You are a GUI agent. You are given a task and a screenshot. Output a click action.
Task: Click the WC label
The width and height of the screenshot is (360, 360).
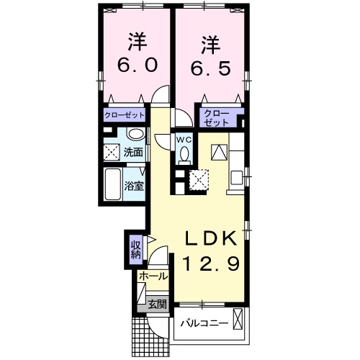coord(183,139)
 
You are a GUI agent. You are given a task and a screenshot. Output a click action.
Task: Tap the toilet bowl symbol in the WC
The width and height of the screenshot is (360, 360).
coord(184,154)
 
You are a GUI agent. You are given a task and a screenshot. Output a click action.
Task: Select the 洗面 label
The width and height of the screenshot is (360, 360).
coord(132,153)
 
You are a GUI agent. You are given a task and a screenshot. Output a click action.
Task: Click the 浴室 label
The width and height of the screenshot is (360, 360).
coord(133,185)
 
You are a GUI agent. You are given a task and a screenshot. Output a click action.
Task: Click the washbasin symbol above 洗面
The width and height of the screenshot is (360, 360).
coord(134,135)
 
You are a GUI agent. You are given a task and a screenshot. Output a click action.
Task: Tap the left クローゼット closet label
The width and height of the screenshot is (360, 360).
coord(125,114)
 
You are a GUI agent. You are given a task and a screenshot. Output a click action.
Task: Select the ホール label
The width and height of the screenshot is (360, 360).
coord(153,276)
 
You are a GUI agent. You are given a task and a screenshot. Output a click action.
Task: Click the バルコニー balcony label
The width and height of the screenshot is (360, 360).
coord(204,323)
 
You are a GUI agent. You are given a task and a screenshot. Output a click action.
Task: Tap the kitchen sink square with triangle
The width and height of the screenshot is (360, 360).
coord(219,153)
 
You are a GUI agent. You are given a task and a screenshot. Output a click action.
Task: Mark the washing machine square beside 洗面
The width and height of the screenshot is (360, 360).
coord(112,152)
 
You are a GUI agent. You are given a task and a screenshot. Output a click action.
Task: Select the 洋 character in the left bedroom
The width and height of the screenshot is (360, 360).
coord(138,40)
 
